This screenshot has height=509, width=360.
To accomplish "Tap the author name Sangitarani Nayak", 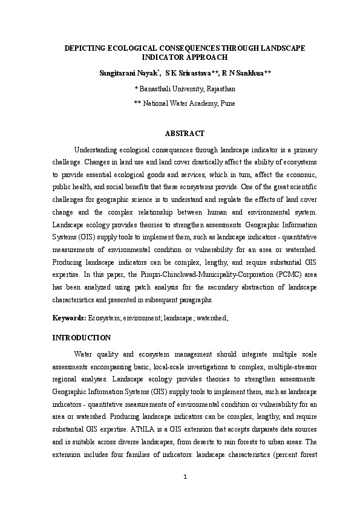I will [129, 73].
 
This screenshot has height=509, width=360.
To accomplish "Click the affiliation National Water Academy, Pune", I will [188, 103].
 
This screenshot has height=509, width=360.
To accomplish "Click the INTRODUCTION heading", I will [82, 337].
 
